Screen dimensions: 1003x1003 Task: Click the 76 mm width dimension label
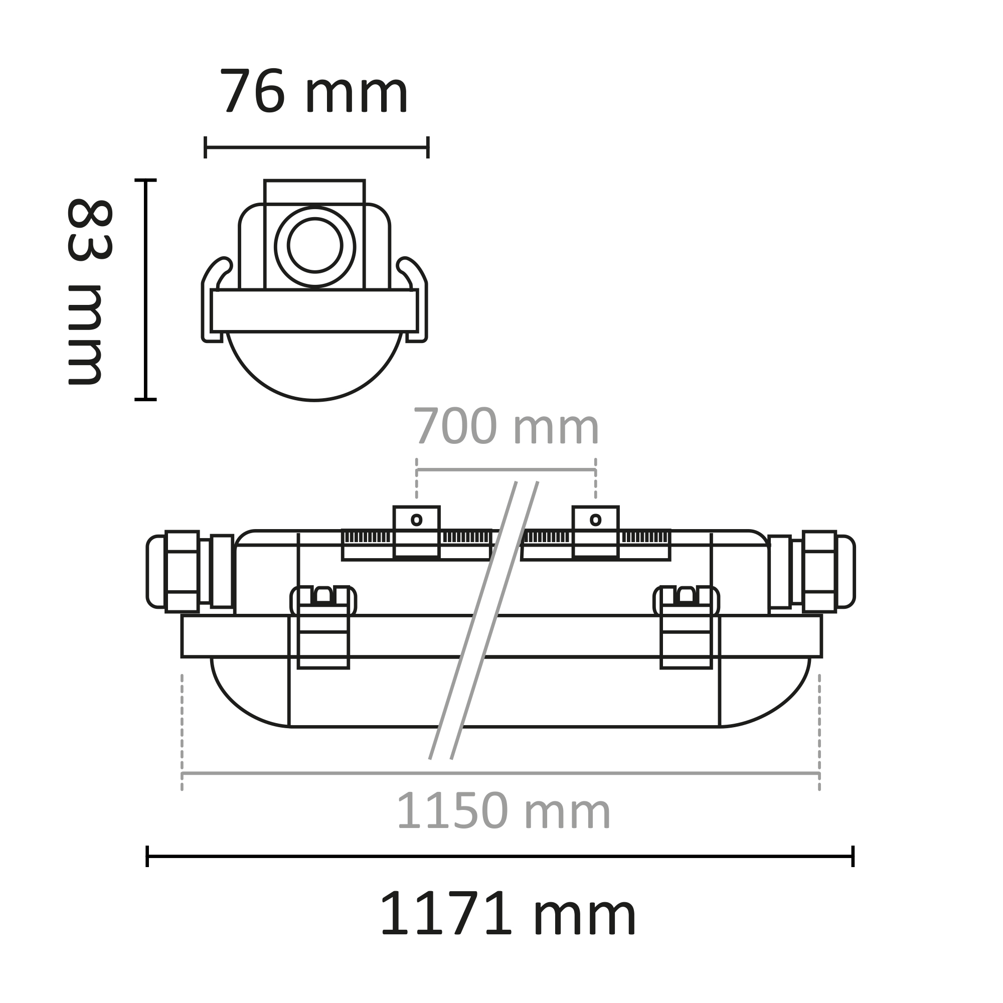(x=314, y=91)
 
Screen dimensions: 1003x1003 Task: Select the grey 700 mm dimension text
(x=506, y=427)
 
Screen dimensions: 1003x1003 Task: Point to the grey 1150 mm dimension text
(x=503, y=811)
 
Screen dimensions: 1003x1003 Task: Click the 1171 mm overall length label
(x=508, y=913)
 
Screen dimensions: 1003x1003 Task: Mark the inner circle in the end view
(x=315, y=245)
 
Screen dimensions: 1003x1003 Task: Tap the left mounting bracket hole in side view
(x=416, y=520)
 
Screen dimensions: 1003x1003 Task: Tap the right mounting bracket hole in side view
(x=595, y=520)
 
